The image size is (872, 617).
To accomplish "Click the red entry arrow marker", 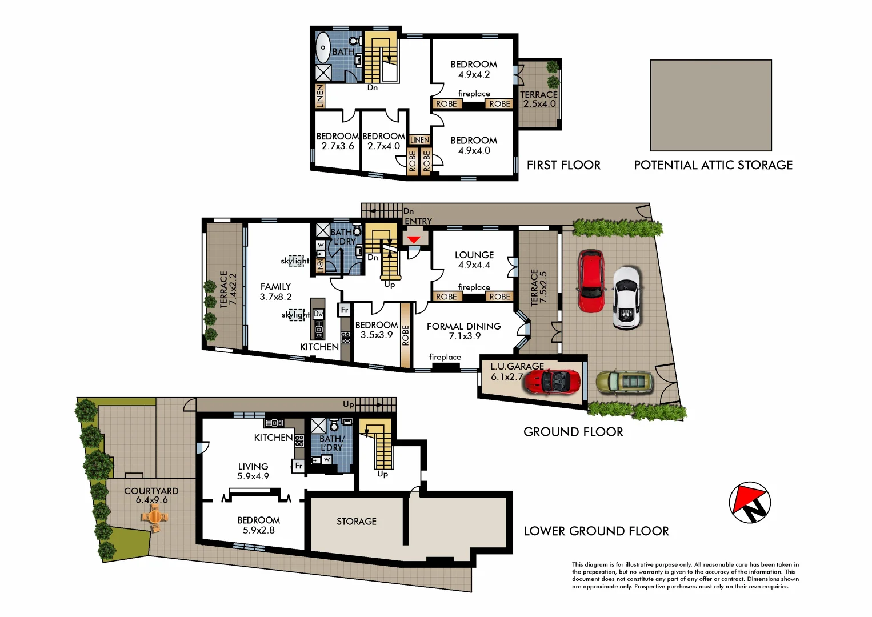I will [x=413, y=239].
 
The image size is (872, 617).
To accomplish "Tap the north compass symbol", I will [x=750, y=503].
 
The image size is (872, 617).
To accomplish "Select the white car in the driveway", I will [x=626, y=298].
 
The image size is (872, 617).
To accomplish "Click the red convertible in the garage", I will [x=552, y=382].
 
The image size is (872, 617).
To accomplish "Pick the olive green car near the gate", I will [x=625, y=382].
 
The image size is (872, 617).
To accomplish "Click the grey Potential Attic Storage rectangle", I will [x=711, y=105].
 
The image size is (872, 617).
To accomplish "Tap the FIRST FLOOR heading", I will [x=563, y=165].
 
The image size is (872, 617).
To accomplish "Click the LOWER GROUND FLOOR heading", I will [x=596, y=531].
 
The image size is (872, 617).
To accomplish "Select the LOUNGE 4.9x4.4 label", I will [x=474, y=260].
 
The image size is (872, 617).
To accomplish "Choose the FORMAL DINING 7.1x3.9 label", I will [x=463, y=331].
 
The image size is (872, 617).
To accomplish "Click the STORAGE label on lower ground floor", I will [x=356, y=522].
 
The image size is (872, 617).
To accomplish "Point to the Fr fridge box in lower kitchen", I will [x=298, y=466].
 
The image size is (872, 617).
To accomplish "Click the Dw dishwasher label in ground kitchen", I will [x=318, y=314].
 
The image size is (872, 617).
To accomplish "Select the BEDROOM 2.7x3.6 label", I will [x=337, y=141].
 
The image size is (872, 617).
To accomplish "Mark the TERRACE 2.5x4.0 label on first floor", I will [x=539, y=99].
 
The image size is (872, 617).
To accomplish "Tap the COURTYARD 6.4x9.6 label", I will [x=151, y=495].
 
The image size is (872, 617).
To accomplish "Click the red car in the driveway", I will [x=591, y=281].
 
